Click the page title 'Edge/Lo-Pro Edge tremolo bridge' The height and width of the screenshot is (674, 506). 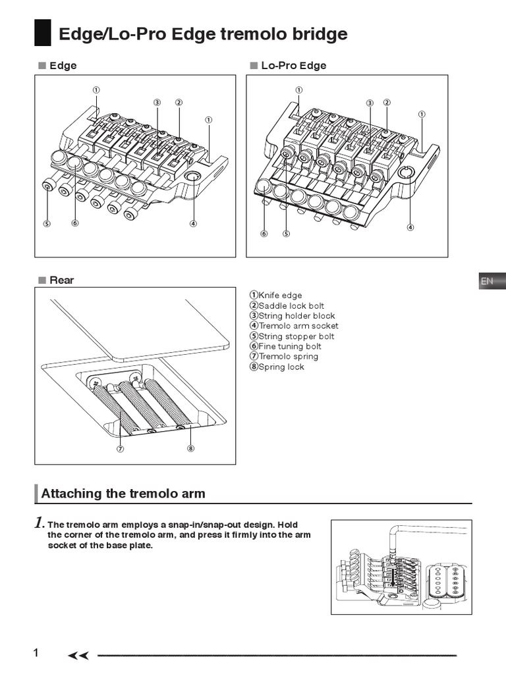[203, 34]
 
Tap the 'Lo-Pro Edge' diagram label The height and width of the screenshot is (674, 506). [293, 65]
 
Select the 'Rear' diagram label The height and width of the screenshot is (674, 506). [62, 280]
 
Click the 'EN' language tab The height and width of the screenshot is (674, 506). [487, 281]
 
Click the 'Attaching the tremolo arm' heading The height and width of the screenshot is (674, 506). [123, 493]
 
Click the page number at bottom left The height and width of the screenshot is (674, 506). [36, 653]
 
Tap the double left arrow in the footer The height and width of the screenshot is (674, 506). [78, 655]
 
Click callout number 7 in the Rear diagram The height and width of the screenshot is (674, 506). [121, 450]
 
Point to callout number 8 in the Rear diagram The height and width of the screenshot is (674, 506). [190, 450]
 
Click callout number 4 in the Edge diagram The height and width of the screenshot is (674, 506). [193, 223]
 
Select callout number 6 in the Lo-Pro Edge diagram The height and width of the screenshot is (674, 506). [264, 233]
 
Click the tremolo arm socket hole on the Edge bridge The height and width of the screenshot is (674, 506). [194, 176]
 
